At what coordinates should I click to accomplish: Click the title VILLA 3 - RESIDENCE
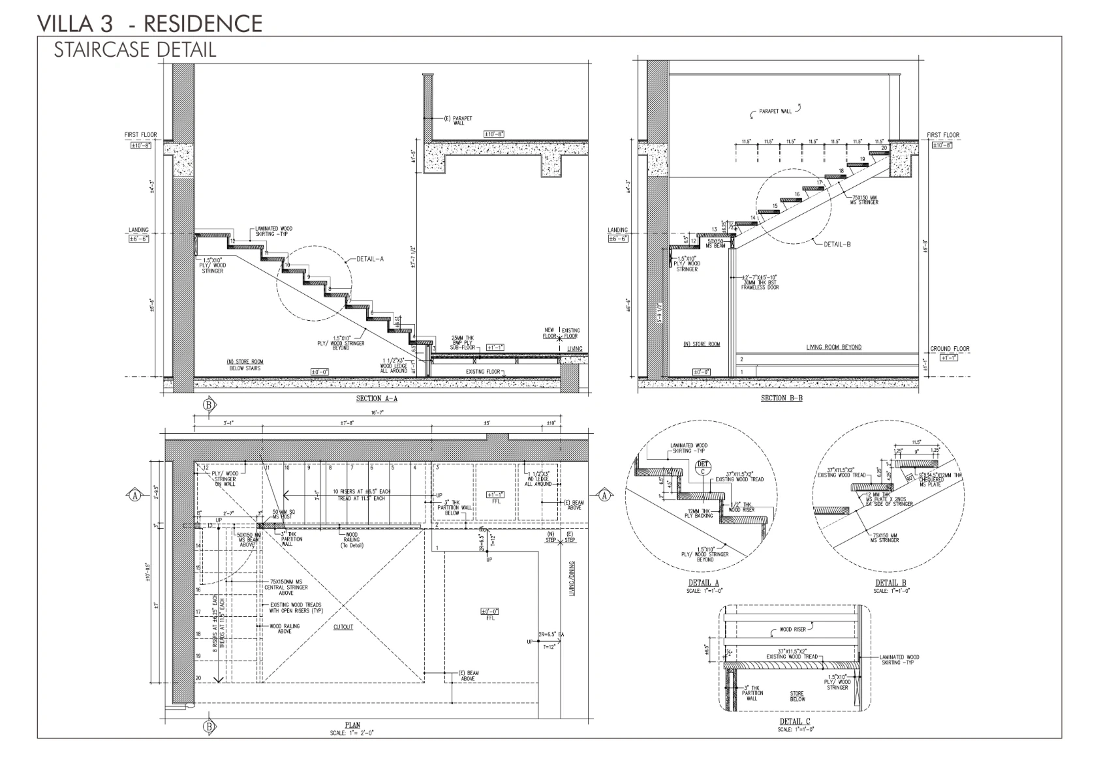pyautogui.click(x=149, y=23)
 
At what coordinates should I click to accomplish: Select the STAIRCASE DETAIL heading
pyautogui.click(x=134, y=50)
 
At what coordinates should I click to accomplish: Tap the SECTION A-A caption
pyautogui.click(x=377, y=398)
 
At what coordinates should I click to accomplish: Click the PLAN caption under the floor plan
pyautogui.click(x=352, y=725)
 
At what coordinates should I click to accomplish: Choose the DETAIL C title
pyautogui.click(x=795, y=721)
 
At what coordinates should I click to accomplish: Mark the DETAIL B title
pyautogui.click(x=890, y=583)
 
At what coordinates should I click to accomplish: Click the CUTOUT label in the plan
pyautogui.click(x=343, y=627)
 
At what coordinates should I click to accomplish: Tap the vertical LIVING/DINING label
pyautogui.click(x=572, y=578)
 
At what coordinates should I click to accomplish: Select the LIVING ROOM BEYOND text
pyautogui.click(x=833, y=347)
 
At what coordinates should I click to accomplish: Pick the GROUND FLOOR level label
pyautogui.click(x=950, y=349)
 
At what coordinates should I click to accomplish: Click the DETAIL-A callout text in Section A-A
pyautogui.click(x=370, y=259)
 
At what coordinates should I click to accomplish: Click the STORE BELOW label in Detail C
pyautogui.click(x=797, y=696)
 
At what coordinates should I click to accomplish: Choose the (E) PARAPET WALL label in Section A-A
pyautogui.click(x=458, y=121)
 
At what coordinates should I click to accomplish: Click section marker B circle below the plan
pyautogui.click(x=209, y=726)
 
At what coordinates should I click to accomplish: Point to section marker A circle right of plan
pyautogui.click(x=604, y=496)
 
